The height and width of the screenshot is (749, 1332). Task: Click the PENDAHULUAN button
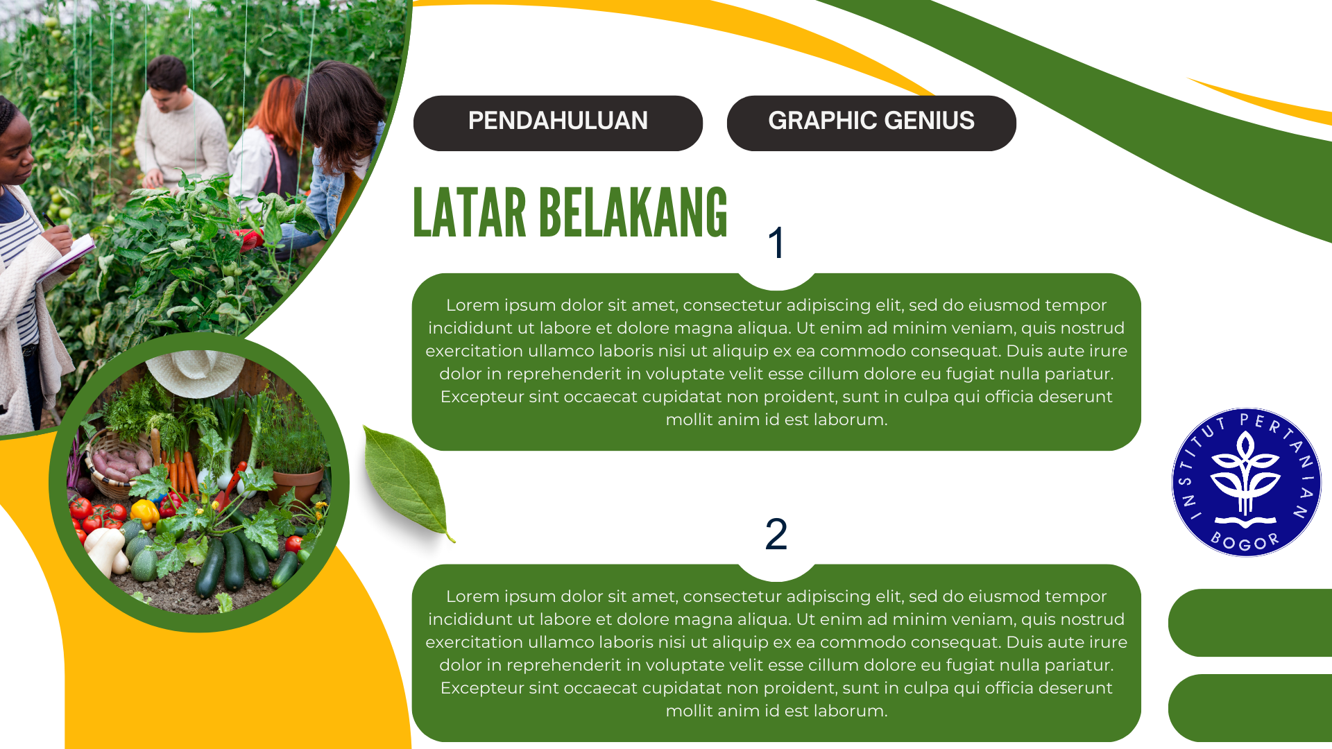point(558,123)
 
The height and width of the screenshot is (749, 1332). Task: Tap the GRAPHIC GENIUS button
point(871,123)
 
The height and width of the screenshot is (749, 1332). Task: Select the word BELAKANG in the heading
point(633,214)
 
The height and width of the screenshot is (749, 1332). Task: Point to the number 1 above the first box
point(776,243)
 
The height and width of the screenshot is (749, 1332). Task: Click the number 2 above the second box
point(776,534)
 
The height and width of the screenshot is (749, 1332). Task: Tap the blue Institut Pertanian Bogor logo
point(1247,482)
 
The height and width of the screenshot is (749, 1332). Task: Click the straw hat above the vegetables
point(195,372)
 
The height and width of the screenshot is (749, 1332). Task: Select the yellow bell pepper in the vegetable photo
point(145,513)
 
